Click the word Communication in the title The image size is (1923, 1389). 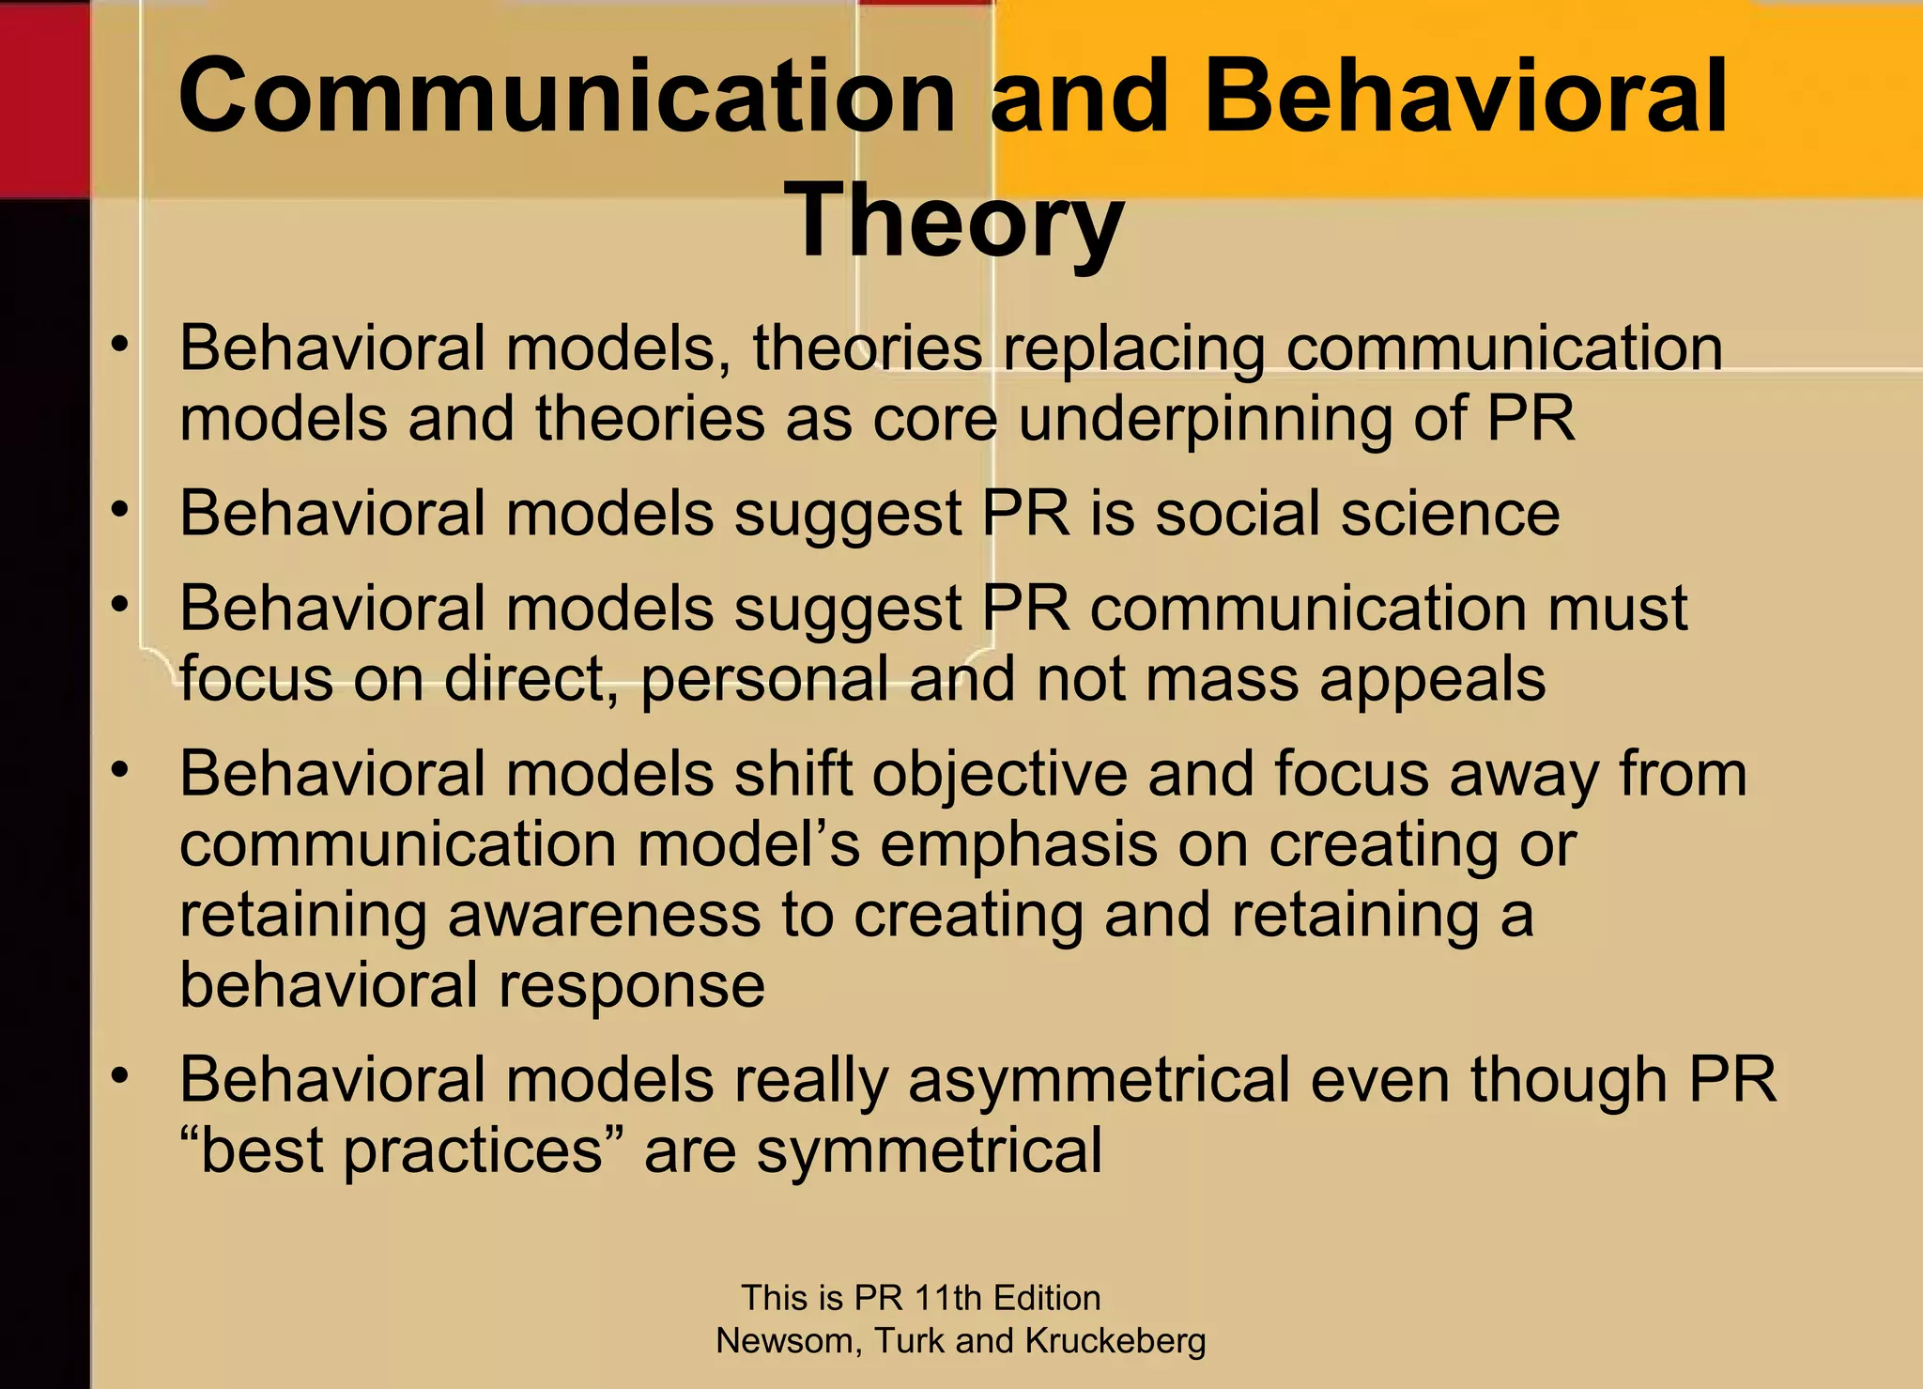(x=566, y=97)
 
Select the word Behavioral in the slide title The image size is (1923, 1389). (x=1465, y=97)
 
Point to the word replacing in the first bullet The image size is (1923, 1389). (x=1134, y=349)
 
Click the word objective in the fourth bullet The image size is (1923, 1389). (x=999, y=775)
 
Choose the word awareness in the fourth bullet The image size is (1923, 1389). (x=604, y=916)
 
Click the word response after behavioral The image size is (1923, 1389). (x=631, y=986)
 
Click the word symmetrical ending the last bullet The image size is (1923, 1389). (x=929, y=1151)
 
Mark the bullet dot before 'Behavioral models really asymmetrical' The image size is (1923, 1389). (x=118, y=1077)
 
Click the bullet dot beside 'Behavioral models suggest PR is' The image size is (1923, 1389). (x=118, y=511)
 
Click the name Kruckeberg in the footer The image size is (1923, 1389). (x=1115, y=1341)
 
